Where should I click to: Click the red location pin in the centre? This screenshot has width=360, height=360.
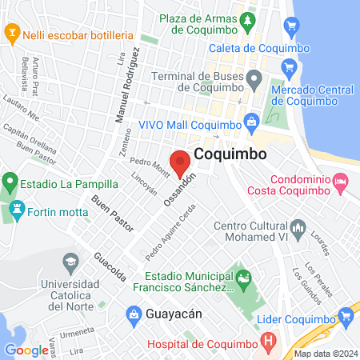click(180, 162)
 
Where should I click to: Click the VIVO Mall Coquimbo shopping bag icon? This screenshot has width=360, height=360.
click(251, 122)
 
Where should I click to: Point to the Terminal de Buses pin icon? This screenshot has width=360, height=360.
click(254, 79)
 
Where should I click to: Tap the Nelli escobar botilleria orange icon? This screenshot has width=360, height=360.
click(11, 34)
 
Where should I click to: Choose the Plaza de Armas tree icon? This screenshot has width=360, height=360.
click(250, 18)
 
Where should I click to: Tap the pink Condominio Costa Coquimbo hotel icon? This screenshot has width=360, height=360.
click(342, 183)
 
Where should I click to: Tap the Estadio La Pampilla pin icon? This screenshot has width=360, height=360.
click(10, 183)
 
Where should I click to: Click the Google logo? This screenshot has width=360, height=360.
click(26, 350)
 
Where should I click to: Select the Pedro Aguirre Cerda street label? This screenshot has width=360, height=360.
click(171, 233)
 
